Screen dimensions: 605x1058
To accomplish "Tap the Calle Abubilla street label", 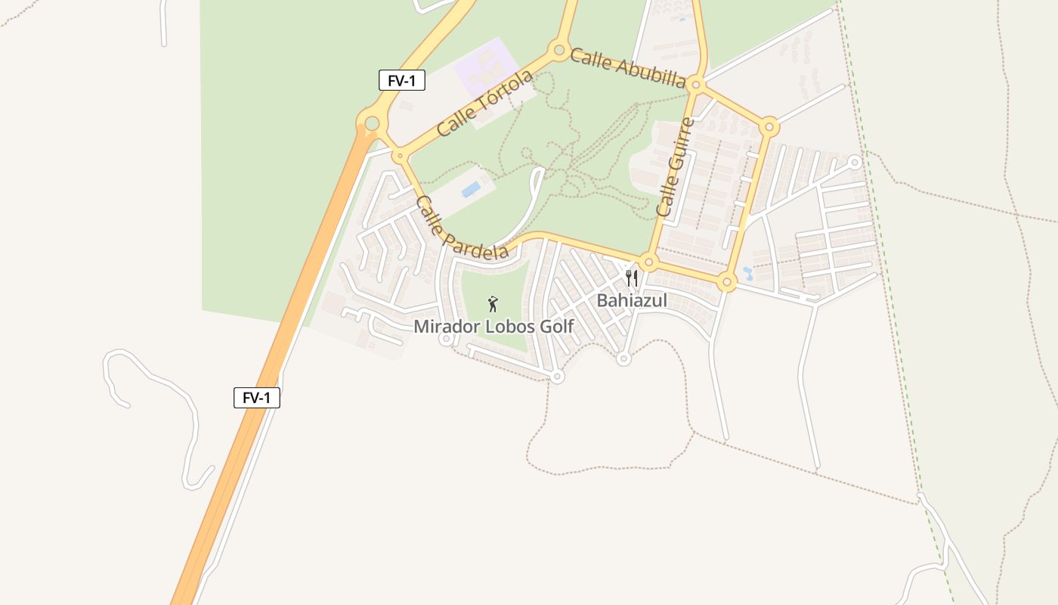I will (x=628, y=68).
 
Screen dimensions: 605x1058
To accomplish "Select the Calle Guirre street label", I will (x=675, y=168).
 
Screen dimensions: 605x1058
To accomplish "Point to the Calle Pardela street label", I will (x=461, y=228).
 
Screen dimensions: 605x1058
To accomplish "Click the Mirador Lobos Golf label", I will (x=493, y=327).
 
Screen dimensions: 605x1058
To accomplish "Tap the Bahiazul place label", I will (x=632, y=300).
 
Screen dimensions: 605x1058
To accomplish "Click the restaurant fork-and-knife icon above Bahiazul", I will (x=632, y=278).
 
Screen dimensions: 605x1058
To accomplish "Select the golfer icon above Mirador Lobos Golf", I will (x=493, y=304).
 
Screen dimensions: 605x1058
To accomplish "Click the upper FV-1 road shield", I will (x=402, y=80).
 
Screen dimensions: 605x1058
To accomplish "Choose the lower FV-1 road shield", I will (x=257, y=398).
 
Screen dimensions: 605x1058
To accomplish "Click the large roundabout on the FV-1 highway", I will (x=372, y=123).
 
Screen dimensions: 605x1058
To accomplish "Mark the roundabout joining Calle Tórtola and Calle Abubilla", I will (x=559, y=51).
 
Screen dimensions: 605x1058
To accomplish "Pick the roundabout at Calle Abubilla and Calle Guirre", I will (x=696, y=85).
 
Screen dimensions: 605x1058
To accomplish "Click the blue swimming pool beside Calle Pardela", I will (x=471, y=189).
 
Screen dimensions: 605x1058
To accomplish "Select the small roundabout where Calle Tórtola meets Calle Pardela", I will (x=399, y=157).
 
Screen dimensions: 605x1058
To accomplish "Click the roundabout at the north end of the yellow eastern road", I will (x=769, y=126).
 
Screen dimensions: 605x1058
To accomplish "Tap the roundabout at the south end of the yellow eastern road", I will (x=727, y=282).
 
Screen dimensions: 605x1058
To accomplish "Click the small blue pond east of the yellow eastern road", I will (x=747, y=273).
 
